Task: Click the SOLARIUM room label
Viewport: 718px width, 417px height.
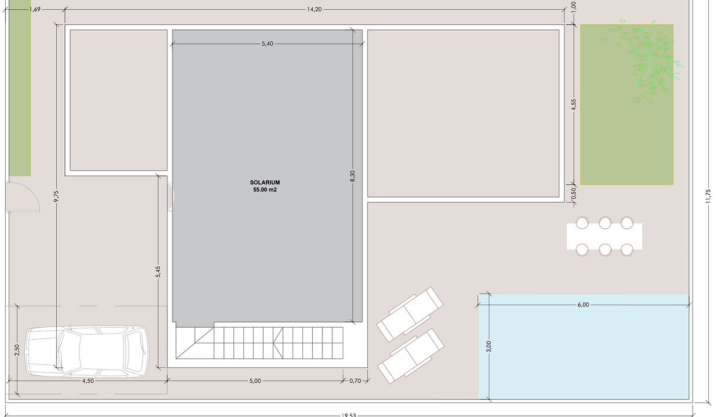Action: pos(265,182)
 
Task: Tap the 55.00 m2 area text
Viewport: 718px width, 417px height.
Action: pos(265,190)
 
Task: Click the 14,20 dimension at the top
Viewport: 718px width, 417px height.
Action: pos(315,9)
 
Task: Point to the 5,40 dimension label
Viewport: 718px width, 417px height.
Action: pos(267,44)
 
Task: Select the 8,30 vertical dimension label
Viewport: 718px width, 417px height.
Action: pos(353,177)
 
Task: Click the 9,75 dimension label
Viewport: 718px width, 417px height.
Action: pos(56,197)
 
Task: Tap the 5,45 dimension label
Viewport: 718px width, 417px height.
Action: pos(158,272)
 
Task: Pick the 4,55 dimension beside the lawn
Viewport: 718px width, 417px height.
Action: pos(573,105)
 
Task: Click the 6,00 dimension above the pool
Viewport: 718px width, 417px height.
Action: pos(583,305)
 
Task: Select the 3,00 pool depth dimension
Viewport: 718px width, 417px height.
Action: pos(489,346)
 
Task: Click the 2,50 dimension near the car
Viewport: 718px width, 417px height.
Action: pos(17,351)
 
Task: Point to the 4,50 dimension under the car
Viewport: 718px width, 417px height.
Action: pos(88,381)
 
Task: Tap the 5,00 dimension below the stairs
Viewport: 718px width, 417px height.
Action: pos(255,381)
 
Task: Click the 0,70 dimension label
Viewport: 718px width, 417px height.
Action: pos(356,381)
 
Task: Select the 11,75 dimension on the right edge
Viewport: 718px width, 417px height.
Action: pos(708,196)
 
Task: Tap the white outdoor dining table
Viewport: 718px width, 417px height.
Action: pos(605,236)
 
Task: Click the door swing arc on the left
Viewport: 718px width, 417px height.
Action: pos(26,197)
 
